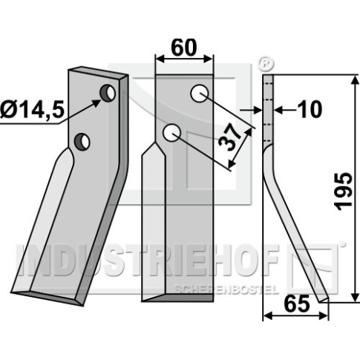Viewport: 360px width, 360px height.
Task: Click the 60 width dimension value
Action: point(183,48)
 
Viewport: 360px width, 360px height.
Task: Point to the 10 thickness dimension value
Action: point(310,110)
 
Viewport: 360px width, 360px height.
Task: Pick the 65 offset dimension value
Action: point(297,304)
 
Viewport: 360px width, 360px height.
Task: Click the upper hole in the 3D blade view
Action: point(108,93)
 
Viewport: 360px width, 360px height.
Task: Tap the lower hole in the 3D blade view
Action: point(82,141)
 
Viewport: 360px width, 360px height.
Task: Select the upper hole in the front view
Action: point(200,94)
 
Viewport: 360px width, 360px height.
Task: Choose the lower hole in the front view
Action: point(171,133)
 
